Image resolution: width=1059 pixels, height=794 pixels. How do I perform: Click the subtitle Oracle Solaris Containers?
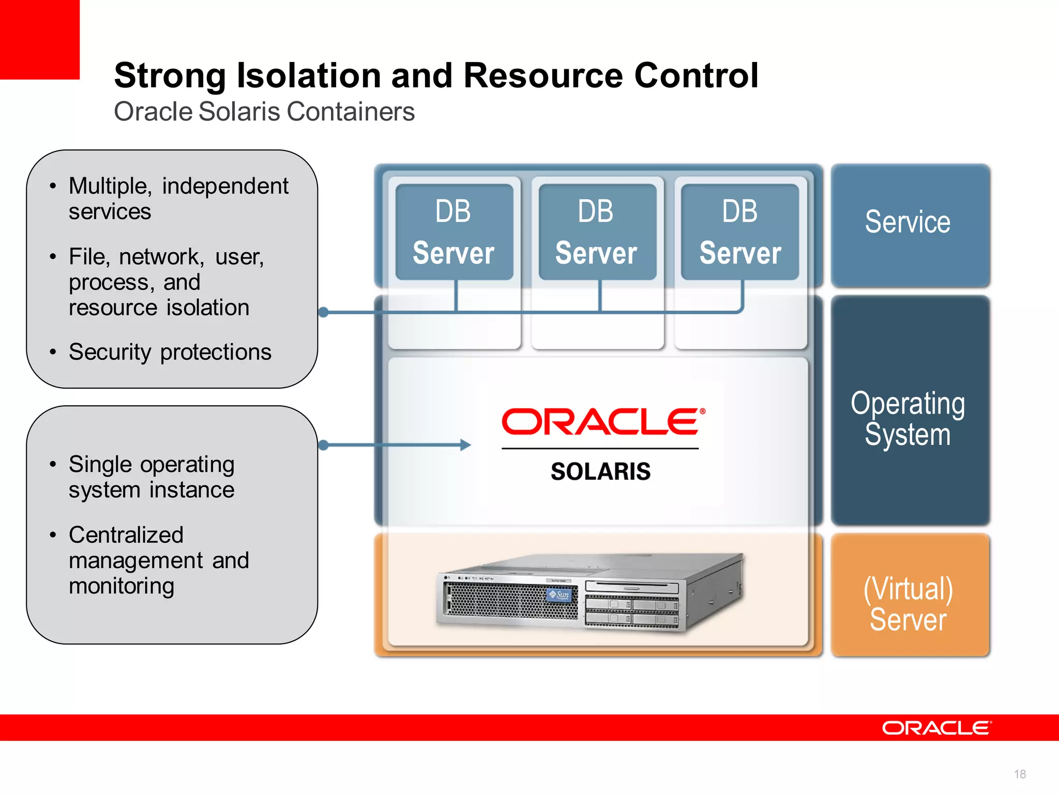pos(264,112)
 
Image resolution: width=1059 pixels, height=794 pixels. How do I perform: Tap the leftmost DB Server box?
pos(454,232)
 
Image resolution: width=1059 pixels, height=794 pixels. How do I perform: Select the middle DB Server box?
pos(597,232)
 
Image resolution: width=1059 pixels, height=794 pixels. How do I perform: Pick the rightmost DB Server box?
pos(740,232)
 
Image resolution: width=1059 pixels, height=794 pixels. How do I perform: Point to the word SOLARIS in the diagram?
pos(600,471)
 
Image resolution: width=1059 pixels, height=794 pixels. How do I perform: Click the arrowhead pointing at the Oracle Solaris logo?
pos(466,445)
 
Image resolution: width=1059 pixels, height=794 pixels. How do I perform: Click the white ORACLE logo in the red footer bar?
pos(936,728)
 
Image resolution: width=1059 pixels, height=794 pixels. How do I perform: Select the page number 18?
pos(1020,774)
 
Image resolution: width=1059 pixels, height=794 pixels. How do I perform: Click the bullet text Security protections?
pos(170,352)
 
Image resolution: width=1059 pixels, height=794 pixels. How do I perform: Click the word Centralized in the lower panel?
pos(126,535)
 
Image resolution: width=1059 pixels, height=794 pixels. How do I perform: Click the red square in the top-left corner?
pos(39,39)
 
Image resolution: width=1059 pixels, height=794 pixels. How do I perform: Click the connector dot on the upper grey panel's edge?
pos(324,312)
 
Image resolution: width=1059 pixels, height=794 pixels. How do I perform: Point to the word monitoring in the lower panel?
pos(122,586)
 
